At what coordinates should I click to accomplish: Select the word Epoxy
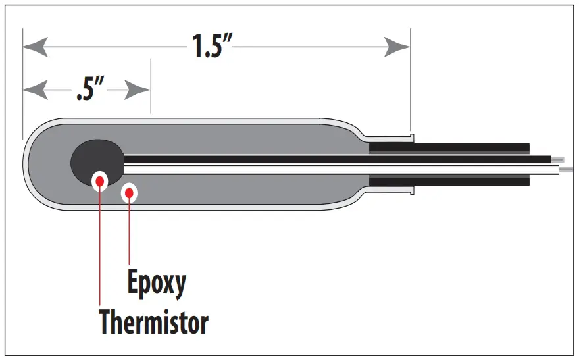157,283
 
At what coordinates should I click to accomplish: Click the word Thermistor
154,322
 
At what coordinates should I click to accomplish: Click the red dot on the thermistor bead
100,180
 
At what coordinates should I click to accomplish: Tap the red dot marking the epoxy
130,192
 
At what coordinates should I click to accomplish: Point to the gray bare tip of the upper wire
558,159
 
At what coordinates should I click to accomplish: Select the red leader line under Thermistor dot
100,250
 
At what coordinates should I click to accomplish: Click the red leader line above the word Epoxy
130,230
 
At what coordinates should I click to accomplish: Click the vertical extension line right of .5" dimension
151,86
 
